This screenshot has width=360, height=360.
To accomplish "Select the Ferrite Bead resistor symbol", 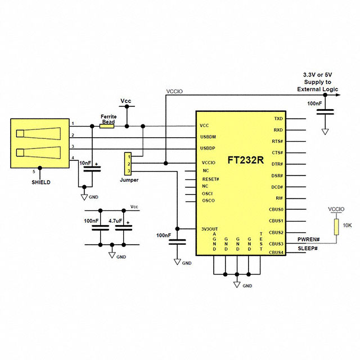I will tap(106, 126).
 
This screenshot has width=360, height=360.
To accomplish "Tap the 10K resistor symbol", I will tap(336, 227).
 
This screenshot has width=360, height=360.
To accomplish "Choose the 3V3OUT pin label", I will tap(209, 229).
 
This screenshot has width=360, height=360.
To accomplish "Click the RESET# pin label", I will tap(210, 179).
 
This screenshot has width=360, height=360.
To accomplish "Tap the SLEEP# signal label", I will tap(308, 249).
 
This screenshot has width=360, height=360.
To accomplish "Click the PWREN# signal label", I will tap(308, 239).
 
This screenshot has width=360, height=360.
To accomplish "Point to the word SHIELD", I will tap(41, 182).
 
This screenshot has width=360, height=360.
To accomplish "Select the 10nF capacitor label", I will tap(86, 163).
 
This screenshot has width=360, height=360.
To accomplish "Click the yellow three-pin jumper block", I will tap(128, 163).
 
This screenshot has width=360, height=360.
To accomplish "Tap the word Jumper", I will tap(129, 180).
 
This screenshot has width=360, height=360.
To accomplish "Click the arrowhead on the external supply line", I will tap(339, 95).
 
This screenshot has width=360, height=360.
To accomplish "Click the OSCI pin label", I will tap(208, 193).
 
